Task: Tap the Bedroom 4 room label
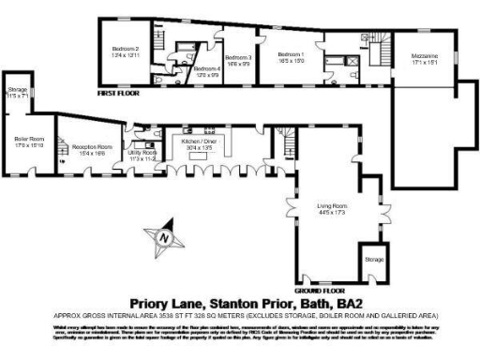click(207, 68)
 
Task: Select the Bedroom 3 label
click(239, 58)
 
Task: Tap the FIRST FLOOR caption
click(121, 93)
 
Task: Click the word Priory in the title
click(152, 302)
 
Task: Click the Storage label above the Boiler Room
click(18, 90)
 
